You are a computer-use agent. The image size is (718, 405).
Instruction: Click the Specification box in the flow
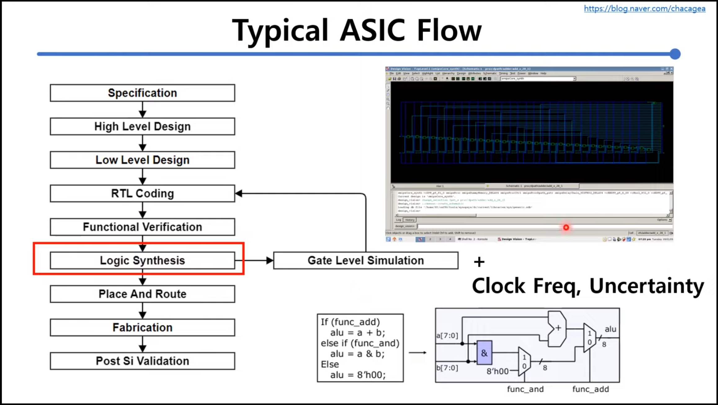tap(142, 93)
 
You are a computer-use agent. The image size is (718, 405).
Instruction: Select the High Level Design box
tap(142, 127)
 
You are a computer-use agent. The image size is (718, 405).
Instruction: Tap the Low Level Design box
tap(142, 160)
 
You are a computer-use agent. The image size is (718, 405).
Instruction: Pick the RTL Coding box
tap(142, 194)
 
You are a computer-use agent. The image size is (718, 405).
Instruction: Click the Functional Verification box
tap(142, 227)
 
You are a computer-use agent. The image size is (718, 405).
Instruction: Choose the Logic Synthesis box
tap(142, 260)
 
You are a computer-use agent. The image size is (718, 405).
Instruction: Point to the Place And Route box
tap(142, 294)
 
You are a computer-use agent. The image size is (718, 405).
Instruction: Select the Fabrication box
tap(142, 327)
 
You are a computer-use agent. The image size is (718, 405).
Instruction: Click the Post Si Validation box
tap(142, 361)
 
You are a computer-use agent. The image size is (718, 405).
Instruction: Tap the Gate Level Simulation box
tap(366, 260)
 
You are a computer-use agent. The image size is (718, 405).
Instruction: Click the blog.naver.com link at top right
tap(644, 9)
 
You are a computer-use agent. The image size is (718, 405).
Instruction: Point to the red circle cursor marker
tap(566, 228)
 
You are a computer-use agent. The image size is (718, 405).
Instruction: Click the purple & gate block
tap(484, 353)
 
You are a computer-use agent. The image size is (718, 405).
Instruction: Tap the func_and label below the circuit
tap(525, 389)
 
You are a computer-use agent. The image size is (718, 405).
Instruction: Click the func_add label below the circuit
tap(591, 389)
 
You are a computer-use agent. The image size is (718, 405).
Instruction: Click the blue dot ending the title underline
tap(675, 54)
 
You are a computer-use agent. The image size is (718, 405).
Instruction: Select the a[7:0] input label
tap(447, 336)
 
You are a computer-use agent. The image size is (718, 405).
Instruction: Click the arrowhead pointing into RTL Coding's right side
tap(239, 194)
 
